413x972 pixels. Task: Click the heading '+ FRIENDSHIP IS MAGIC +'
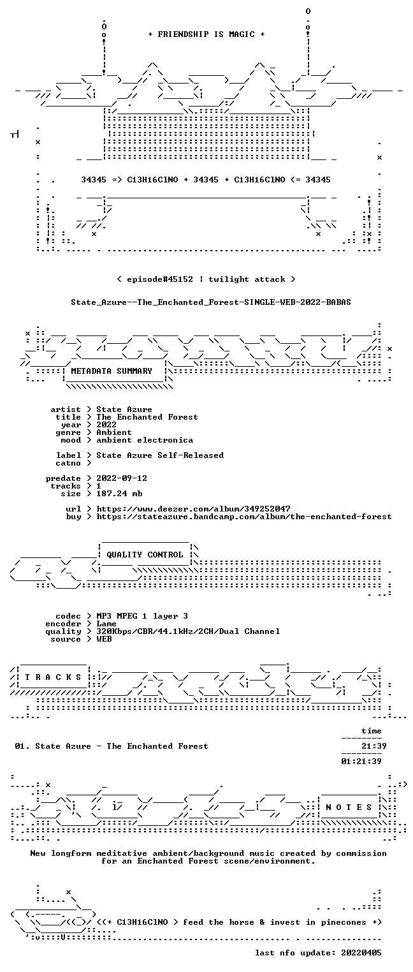click(x=207, y=34)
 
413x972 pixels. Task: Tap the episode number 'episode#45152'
click(x=160, y=279)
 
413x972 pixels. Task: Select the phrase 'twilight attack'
click(x=247, y=279)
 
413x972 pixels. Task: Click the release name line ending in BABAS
click(x=211, y=302)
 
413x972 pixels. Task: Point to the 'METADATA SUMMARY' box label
click(x=112, y=371)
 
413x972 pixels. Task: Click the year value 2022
click(x=106, y=425)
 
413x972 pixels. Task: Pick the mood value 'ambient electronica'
click(x=145, y=440)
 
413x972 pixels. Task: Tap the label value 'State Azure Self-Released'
click(x=160, y=455)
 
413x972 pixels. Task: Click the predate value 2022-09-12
click(x=122, y=478)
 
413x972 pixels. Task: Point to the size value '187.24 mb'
click(x=119, y=494)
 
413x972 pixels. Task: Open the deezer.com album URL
click(x=194, y=508)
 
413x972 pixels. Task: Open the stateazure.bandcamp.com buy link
click(x=244, y=517)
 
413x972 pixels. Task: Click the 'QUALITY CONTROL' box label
click(x=145, y=554)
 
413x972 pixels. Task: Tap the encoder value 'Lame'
click(x=106, y=624)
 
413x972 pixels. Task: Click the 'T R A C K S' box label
click(x=53, y=677)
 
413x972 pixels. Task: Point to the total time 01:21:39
click(x=361, y=761)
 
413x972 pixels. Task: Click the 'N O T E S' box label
click(x=349, y=807)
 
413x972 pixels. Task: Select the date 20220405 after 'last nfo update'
click(x=361, y=952)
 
